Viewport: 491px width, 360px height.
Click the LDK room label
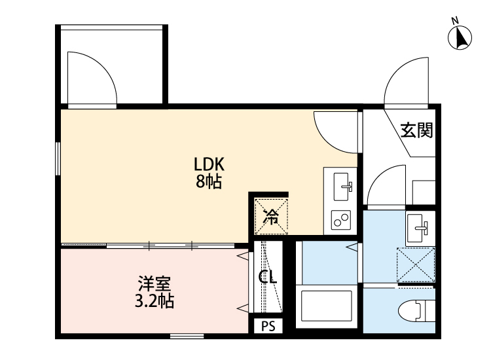point(209,164)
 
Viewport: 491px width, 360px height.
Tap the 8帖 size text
point(209,181)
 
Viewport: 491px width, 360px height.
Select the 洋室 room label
point(155,285)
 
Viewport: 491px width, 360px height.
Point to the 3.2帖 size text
point(155,302)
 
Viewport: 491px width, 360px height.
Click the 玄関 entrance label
point(416,131)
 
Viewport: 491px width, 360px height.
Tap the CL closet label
point(268,277)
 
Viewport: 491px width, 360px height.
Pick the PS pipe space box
point(268,326)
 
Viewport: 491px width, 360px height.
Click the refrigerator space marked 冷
point(270,215)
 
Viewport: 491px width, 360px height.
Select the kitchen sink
point(342,187)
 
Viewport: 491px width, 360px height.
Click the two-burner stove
point(340,220)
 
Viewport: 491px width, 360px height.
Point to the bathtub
point(327,307)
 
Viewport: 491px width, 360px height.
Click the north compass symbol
point(461,38)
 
